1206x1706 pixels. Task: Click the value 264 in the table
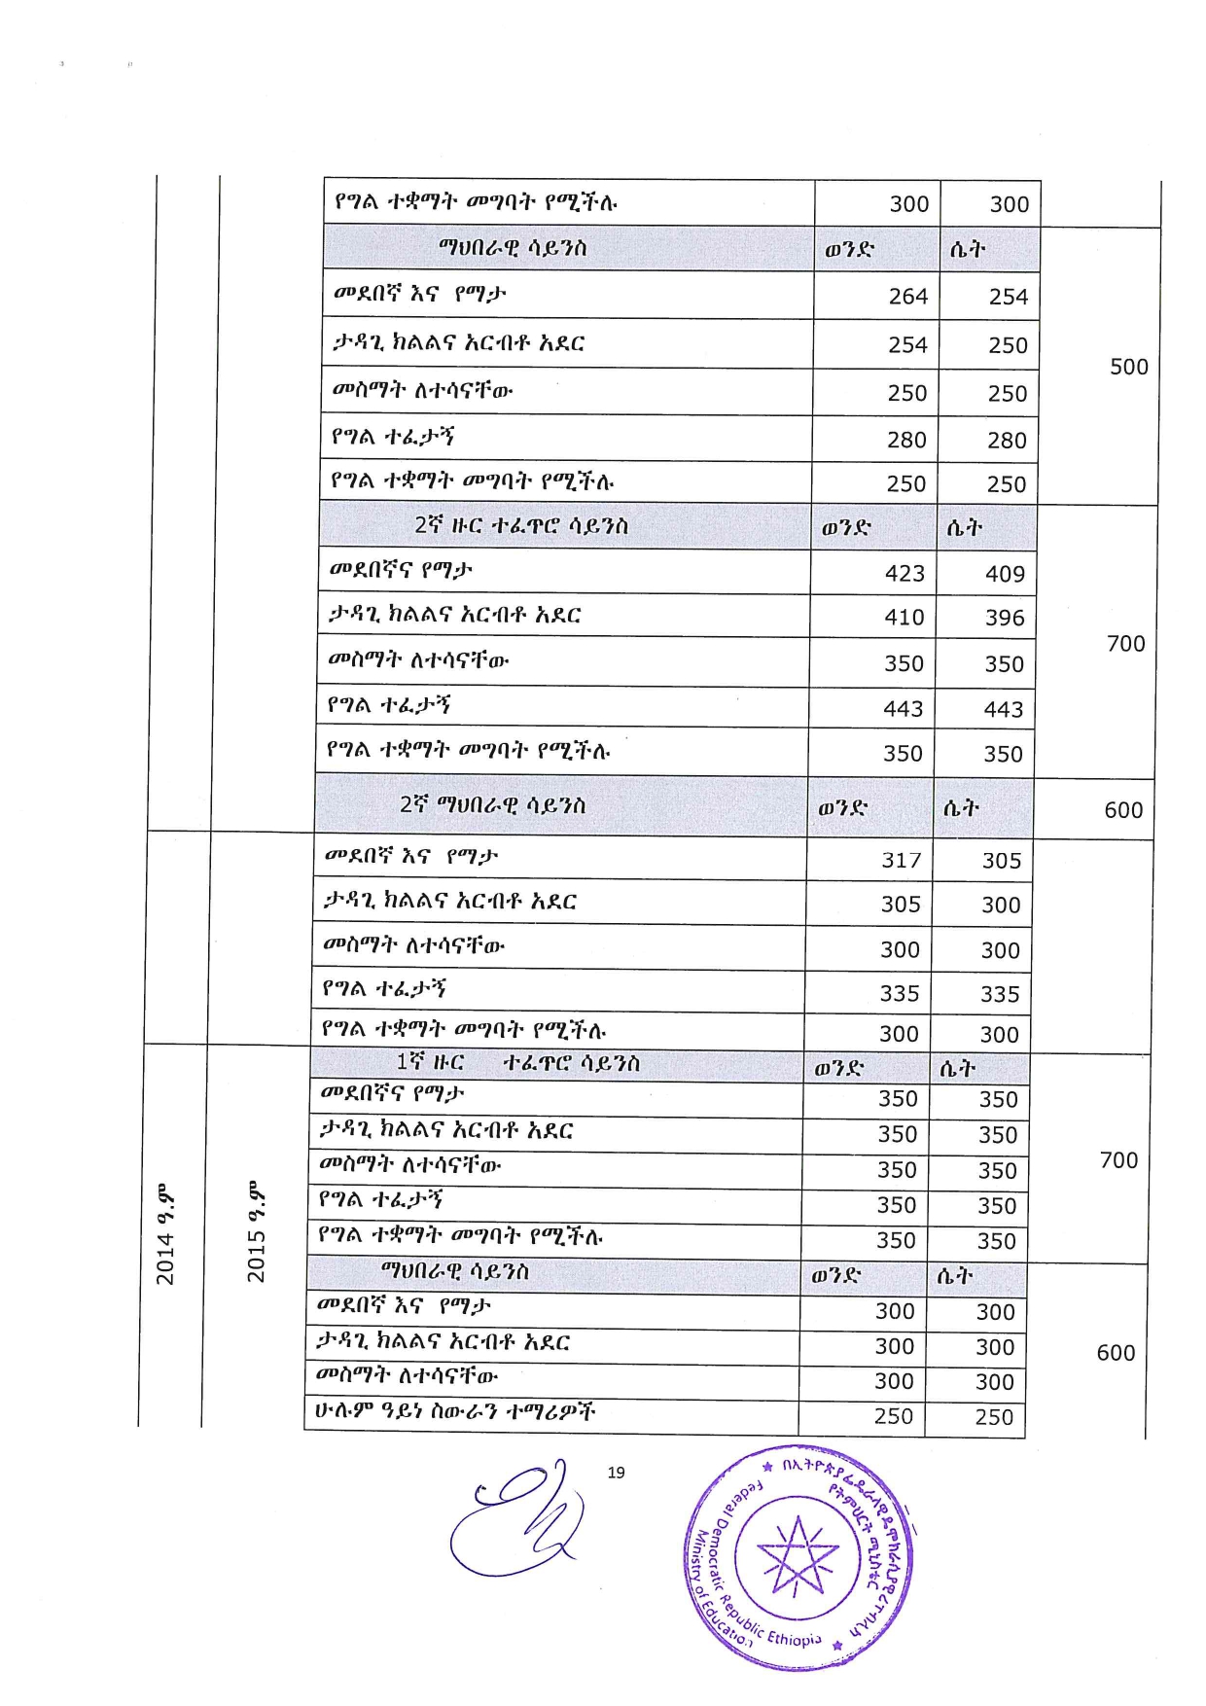coord(907,297)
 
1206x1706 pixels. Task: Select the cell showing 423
coord(904,574)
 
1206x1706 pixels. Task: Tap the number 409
coord(1005,575)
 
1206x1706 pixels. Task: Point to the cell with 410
coord(904,618)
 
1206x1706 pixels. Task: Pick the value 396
coord(1005,619)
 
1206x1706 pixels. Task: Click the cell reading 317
coord(902,861)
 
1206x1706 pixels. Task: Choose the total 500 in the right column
coord(1129,368)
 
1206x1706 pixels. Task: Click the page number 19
coord(616,1473)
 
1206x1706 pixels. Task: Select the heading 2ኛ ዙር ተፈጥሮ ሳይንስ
coord(521,526)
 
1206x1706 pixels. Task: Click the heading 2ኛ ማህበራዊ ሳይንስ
coord(493,805)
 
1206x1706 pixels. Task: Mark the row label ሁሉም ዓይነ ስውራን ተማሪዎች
coord(454,1412)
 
